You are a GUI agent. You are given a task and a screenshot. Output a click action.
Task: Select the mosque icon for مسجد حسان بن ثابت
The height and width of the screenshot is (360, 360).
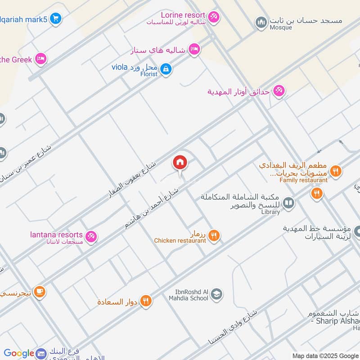[x=261, y=22]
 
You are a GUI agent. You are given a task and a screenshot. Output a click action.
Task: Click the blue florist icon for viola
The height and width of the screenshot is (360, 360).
[x=166, y=69]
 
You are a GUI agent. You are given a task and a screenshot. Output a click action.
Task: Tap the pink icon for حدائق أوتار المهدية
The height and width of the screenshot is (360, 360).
[x=279, y=91]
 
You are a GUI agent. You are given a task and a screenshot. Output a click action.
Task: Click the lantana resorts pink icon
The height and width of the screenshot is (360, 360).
[x=91, y=236]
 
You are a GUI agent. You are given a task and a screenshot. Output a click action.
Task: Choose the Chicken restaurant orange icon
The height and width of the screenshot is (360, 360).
[x=214, y=235]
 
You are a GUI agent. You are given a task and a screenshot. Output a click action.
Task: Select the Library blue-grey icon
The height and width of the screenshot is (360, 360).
[x=289, y=204]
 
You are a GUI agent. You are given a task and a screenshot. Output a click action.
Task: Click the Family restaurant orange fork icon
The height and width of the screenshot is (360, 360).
[x=335, y=171]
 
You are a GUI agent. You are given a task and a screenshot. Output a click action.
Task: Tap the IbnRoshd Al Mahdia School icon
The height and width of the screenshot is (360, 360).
[x=217, y=294]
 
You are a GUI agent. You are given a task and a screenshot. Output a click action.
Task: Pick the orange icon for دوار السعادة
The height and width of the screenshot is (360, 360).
[x=145, y=301]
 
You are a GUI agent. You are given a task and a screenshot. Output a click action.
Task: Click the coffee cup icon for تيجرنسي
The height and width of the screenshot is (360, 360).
[x=40, y=292]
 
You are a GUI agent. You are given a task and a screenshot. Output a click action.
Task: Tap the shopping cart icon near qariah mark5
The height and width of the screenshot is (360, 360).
[x=56, y=18]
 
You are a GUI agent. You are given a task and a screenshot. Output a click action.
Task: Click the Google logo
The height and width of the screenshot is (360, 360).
[x=19, y=353]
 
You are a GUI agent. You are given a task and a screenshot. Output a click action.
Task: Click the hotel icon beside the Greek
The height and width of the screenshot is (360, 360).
[x=41, y=58]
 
